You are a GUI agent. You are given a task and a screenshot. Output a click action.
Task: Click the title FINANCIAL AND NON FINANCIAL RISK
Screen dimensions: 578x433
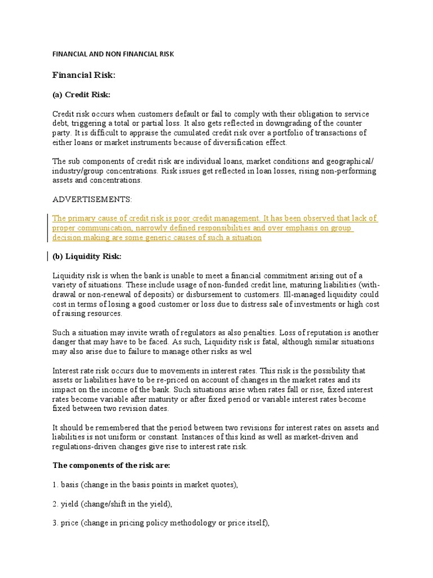point(113,54)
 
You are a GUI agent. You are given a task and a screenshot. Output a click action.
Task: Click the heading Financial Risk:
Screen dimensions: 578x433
point(83,75)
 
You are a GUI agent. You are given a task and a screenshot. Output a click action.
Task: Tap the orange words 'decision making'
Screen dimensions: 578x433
point(79,238)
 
